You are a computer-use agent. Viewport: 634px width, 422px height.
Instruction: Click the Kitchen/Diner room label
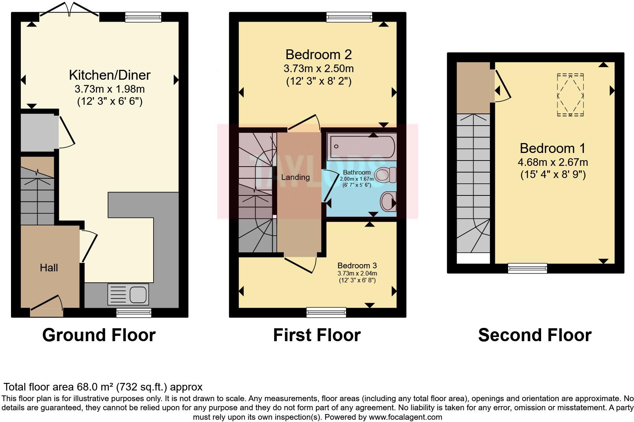click(110, 75)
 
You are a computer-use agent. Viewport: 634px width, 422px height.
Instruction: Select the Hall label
click(49, 268)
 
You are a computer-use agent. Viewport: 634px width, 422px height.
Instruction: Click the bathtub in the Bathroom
click(362, 146)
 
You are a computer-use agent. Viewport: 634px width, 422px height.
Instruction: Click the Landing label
click(295, 177)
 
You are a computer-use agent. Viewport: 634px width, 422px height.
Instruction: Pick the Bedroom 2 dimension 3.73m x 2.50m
click(319, 69)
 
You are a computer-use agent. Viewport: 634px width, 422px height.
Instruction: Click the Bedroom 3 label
click(357, 266)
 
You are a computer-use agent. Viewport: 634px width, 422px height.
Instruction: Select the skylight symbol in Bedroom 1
click(570, 95)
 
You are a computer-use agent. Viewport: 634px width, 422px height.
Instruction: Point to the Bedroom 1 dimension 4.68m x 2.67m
click(552, 162)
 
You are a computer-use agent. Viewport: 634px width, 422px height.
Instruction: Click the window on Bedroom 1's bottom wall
click(527, 268)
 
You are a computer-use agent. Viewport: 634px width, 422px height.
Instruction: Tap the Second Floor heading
click(535, 335)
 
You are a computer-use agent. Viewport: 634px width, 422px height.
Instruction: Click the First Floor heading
click(317, 335)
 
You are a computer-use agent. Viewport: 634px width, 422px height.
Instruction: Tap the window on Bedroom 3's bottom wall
click(326, 312)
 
